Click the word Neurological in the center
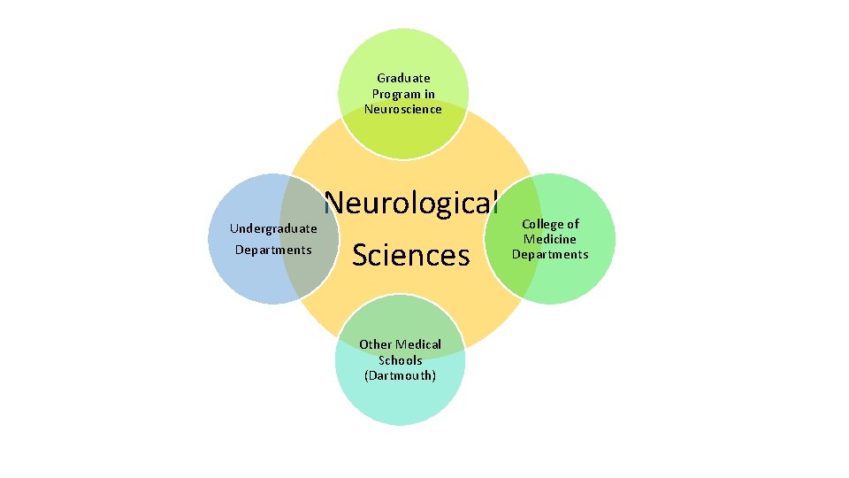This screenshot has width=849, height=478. coord(411,203)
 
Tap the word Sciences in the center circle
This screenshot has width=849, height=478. coord(410,255)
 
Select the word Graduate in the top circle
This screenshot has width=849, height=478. coord(403,78)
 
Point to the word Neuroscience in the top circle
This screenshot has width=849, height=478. coord(403,109)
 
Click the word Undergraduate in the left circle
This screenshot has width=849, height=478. coord(273,228)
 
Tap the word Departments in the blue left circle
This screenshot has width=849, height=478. coord(273,250)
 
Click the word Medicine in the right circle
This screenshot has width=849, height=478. coord(549,239)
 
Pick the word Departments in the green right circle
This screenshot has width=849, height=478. coord(549,254)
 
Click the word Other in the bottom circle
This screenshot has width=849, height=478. coord(375,344)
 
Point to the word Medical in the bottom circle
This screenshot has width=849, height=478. coord(418,344)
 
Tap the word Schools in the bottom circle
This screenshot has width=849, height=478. coord(400,360)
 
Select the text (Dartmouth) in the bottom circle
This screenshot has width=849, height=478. coord(400,375)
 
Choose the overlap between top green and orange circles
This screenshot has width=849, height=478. coord(403,133)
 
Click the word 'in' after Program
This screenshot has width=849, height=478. coord(429,94)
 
